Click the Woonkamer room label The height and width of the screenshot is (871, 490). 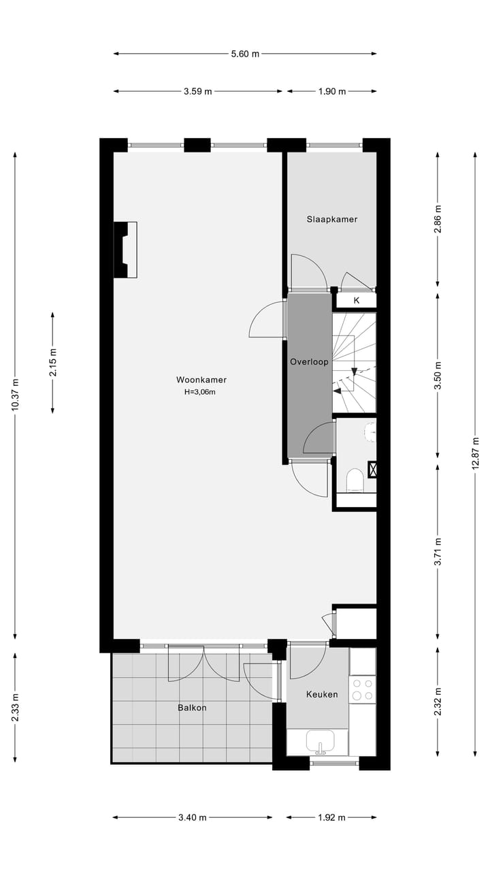(x=201, y=380)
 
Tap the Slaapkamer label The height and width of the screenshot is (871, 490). (x=331, y=219)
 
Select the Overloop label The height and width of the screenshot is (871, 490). (x=309, y=362)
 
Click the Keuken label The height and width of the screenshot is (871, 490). (x=323, y=695)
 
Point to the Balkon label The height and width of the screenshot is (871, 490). (x=192, y=708)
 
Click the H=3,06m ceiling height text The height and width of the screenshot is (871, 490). (x=201, y=392)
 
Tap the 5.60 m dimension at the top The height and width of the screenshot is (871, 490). (x=245, y=54)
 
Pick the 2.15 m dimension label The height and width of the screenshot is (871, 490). (x=53, y=362)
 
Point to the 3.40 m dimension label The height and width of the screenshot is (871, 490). (x=193, y=818)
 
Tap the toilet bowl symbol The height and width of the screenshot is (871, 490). (x=355, y=480)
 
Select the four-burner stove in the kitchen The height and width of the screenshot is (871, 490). (x=362, y=689)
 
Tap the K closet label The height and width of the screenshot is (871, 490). (x=356, y=300)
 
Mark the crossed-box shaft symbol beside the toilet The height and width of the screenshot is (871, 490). (x=372, y=468)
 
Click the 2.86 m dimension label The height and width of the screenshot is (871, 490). (x=438, y=219)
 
